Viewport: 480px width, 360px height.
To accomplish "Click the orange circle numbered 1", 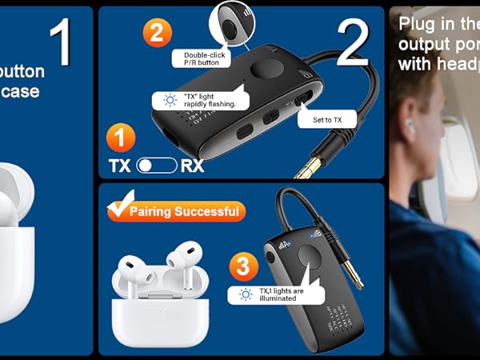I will [119, 138].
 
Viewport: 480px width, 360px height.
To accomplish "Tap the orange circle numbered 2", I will [158, 34].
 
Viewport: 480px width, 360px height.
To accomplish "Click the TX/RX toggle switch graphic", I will [156, 166].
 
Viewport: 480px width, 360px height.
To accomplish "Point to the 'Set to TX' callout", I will [326, 120].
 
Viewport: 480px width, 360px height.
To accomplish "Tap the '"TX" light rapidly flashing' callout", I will [201, 100].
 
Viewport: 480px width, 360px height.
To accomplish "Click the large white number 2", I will [353, 42].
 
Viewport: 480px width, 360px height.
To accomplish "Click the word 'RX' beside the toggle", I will [192, 166].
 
